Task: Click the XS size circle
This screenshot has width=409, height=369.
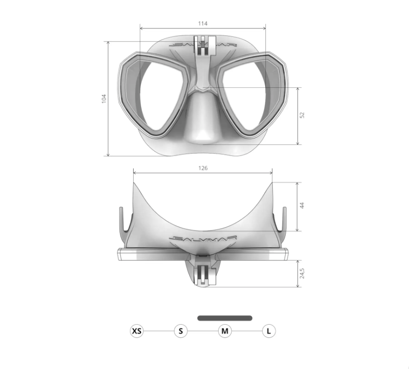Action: coord(137,331)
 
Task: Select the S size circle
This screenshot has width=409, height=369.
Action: coord(181,331)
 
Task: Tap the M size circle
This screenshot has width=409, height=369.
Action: coord(225,331)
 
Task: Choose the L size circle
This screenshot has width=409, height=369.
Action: coord(269,331)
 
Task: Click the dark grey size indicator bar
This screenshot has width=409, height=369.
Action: coord(225,318)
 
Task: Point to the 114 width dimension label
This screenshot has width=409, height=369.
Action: coord(203,24)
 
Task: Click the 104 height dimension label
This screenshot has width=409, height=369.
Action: coord(104,99)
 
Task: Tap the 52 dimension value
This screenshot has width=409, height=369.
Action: coord(302,115)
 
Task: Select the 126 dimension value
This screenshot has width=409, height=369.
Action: coord(203,168)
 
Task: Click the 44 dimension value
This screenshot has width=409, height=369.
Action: coord(302,205)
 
